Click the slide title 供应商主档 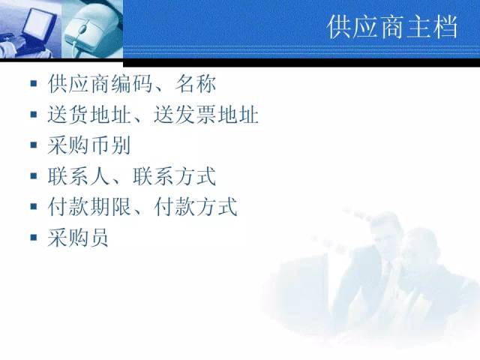click(x=392, y=27)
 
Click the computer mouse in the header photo click(x=88, y=29)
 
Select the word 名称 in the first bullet click(x=195, y=84)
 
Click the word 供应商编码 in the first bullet click(x=100, y=84)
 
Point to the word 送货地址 click(x=89, y=115)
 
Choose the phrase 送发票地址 click(x=206, y=115)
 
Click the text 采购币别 click(x=89, y=145)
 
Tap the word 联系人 click(x=79, y=176)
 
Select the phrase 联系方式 click(x=175, y=176)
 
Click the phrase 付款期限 click(x=89, y=207)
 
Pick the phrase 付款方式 click(x=196, y=207)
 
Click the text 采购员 click(x=78, y=238)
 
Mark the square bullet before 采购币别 click(x=34, y=145)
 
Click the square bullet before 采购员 click(x=34, y=237)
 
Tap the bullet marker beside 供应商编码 click(x=34, y=83)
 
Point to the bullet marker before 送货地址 click(x=34, y=114)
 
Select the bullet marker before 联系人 click(x=34, y=175)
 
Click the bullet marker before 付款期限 click(x=34, y=206)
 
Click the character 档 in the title click(x=445, y=27)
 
